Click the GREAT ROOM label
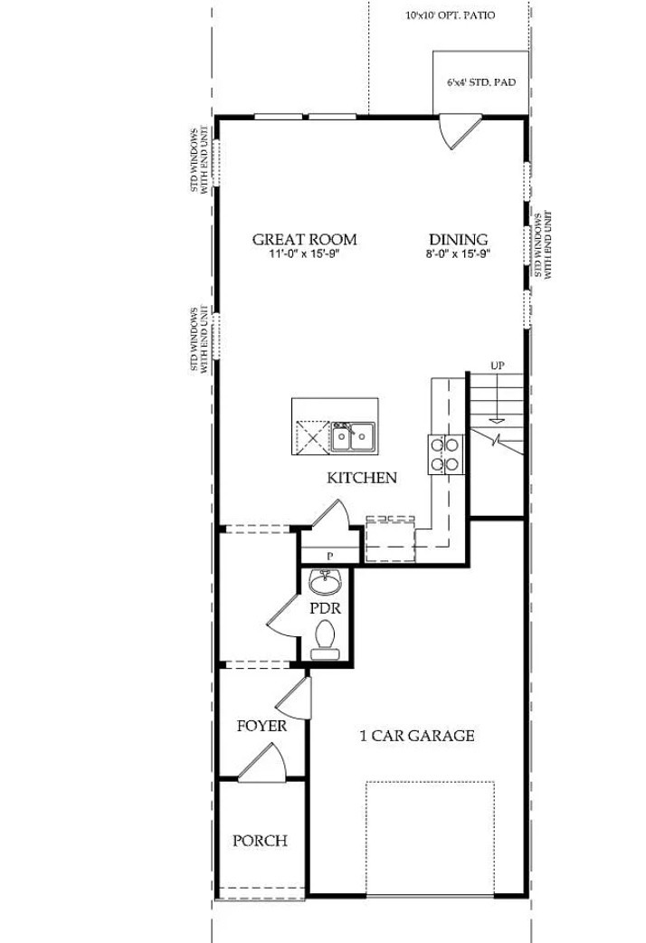[304, 239]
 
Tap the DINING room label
[458, 239]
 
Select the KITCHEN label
[362, 477]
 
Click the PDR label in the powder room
[325, 608]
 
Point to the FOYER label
[261, 726]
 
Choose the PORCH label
[260, 841]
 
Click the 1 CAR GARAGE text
[417, 736]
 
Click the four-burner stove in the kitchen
[445, 453]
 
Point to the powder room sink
[325, 580]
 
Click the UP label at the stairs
[497, 365]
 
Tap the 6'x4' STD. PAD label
[481, 82]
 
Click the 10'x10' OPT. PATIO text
[451, 15]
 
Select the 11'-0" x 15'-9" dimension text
[304, 254]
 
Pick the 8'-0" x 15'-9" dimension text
[458, 254]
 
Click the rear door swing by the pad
[458, 131]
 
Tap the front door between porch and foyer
[261, 762]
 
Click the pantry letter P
[329, 556]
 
